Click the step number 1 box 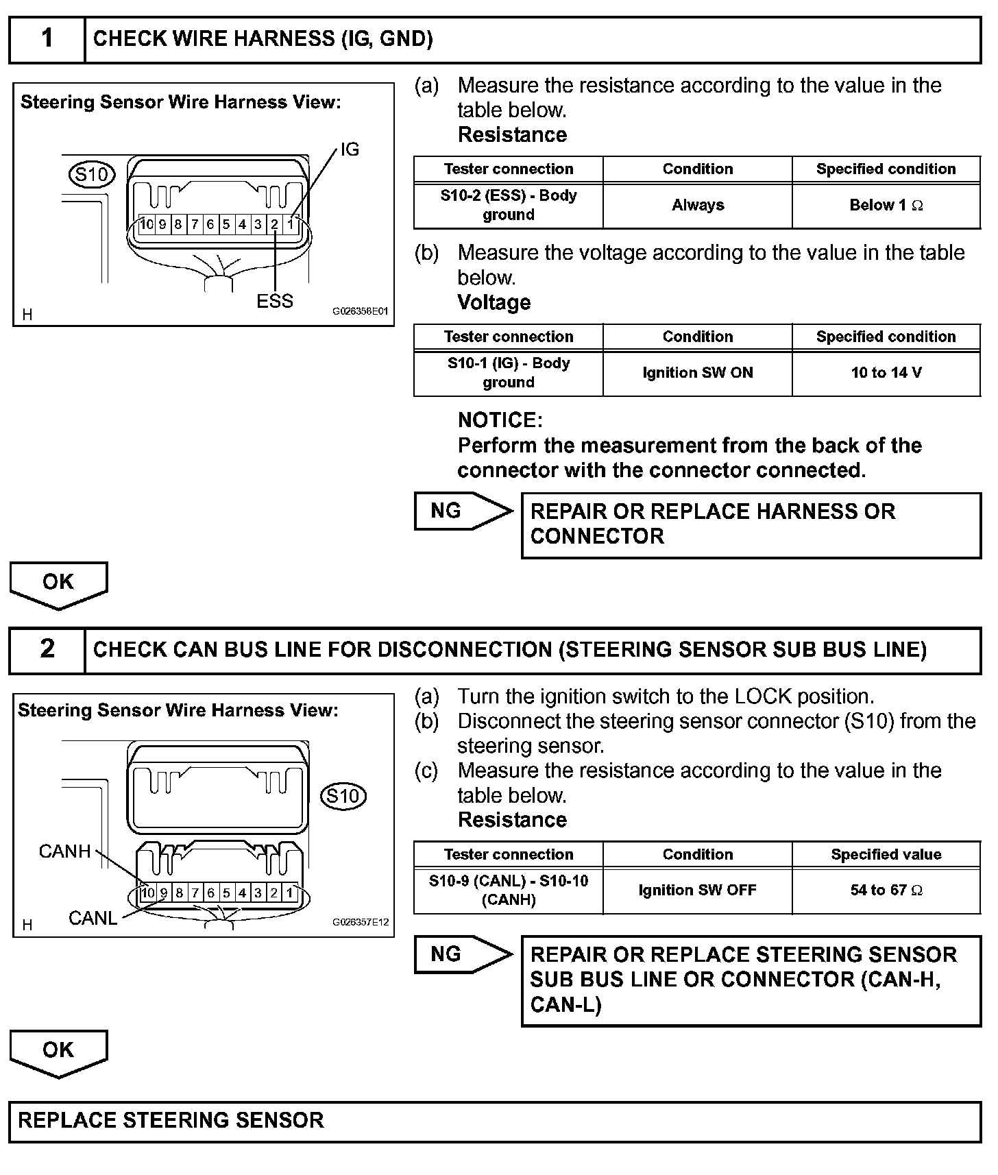coord(47,39)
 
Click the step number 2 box coord(47,649)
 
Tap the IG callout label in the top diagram coord(350,149)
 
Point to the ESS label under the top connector coord(274,301)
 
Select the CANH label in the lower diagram coord(64,851)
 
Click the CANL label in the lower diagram coord(93,918)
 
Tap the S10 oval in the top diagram coord(92,175)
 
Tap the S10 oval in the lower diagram coord(343,796)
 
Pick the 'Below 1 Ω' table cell coord(886,205)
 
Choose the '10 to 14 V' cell coord(886,373)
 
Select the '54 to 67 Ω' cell coord(886,891)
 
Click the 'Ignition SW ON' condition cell coord(697,373)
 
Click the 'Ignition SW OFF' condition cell coord(697,891)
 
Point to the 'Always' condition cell coord(697,205)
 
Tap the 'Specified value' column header coord(886,854)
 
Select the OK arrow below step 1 coord(58,584)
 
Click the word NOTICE coord(500,420)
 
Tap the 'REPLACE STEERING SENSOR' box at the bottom coord(494,1120)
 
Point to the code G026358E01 coord(360,311)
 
